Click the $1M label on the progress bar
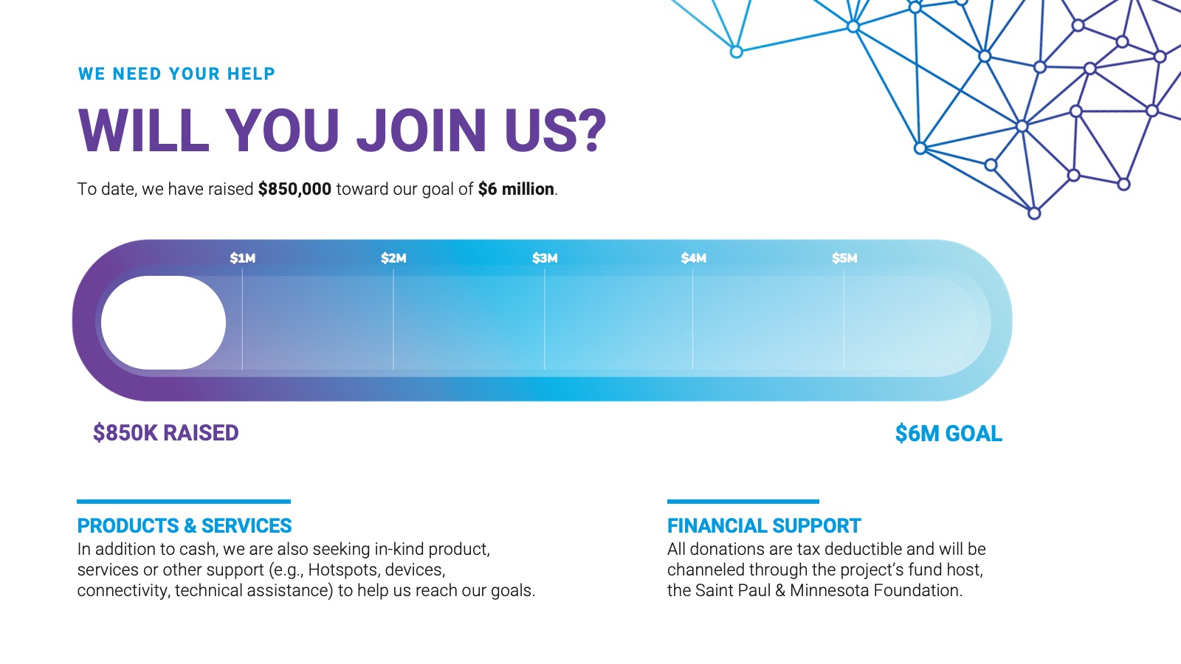click(243, 258)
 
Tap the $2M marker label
click(393, 258)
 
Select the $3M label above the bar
click(545, 258)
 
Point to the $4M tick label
click(693, 258)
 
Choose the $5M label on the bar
click(844, 258)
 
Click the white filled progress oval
click(163, 322)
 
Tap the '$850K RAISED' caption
click(165, 433)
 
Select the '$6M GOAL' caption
click(948, 434)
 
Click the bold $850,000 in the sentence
click(295, 189)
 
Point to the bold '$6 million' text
click(516, 189)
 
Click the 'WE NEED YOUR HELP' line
click(176, 74)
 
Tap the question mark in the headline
click(590, 130)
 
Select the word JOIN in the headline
click(421, 131)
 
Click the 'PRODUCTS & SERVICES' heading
click(185, 526)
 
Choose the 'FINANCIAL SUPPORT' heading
click(764, 526)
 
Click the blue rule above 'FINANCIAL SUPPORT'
click(743, 502)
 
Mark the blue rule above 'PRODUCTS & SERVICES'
click(184, 502)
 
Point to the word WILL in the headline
click(143, 131)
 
